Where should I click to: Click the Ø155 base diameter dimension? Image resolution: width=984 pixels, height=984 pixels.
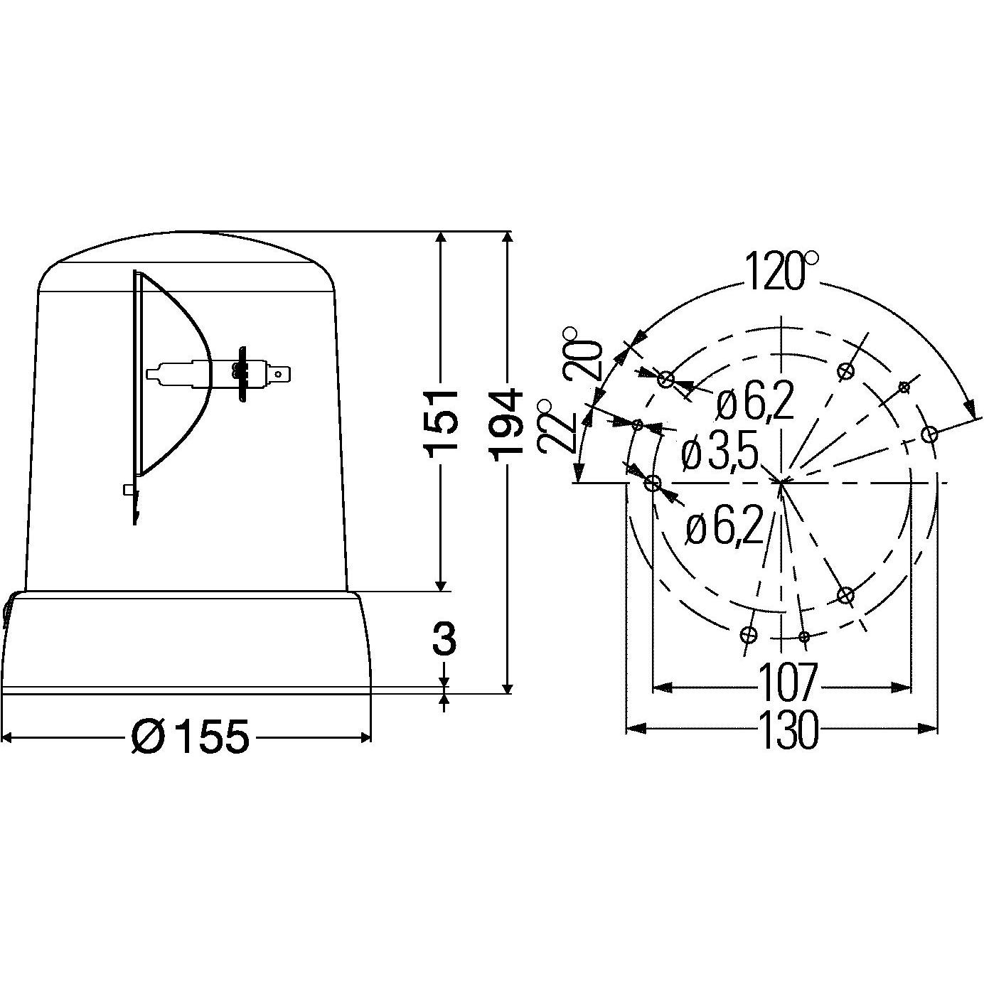point(191,737)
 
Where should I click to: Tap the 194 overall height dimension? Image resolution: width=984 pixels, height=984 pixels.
point(506,422)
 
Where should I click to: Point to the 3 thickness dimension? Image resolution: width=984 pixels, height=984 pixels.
point(444,639)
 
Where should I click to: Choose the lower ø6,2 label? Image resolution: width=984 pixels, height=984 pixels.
point(724,528)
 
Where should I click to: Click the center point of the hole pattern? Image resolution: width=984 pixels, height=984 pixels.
point(782,483)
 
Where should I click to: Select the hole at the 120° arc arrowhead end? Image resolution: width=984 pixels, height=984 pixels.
point(929,434)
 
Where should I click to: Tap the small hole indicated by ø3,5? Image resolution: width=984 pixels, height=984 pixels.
point(638,424)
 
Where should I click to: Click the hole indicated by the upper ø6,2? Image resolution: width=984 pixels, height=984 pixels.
point(665,379)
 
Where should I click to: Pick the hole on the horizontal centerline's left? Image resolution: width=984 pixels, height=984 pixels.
point(652,483)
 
